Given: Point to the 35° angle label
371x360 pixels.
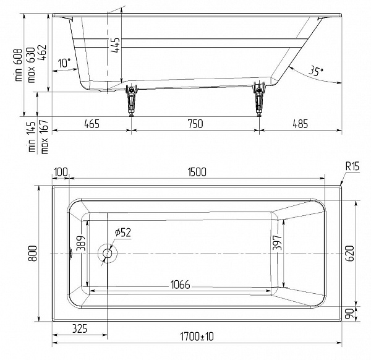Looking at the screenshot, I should click(x=316, y=72).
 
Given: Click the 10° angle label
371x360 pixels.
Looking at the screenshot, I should click(x=64, y=63).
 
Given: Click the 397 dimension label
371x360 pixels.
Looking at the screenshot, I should click(x=278, y=243).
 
